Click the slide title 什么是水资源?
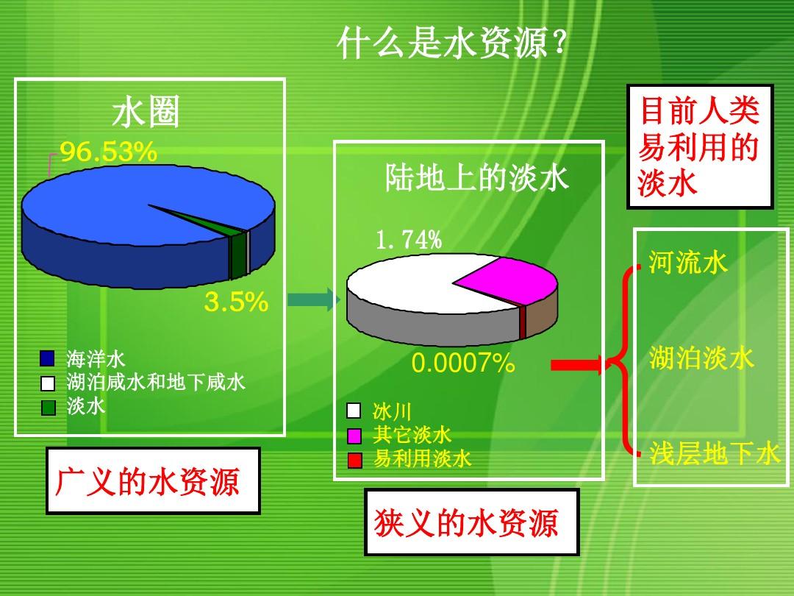pos(451,43)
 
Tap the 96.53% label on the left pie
pos(108,152)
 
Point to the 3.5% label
pos(236,302)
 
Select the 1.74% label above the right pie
pos(409,239)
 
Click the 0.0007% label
pos(463,363)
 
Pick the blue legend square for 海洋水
pos(47,358)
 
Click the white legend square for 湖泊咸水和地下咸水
pos(48,383)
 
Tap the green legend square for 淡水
pos(48,408)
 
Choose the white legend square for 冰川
pos(354,411)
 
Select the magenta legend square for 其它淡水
pos(354,436)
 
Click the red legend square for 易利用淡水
pos(355,460)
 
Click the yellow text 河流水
pos(687,262)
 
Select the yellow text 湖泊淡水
pos(701,358)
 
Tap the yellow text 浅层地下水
pos(714,453)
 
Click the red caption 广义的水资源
pos(147,481)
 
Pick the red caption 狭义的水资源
pos(466,522)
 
